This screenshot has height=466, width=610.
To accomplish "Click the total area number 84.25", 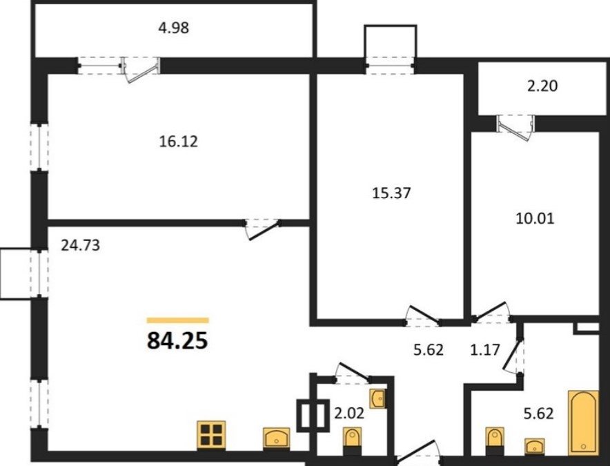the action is [177, 341].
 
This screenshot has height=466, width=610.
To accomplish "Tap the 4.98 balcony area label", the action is [173, 28].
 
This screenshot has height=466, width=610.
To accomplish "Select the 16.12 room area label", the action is [179, 141].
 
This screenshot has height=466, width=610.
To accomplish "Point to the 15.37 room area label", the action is [391, 193].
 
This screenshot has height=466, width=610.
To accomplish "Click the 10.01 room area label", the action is [535, 219].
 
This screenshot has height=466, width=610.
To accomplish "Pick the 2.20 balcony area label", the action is [542, 86].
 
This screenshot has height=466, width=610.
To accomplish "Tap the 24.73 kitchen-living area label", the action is [81, 245].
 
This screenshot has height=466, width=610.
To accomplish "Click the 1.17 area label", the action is [484, 349].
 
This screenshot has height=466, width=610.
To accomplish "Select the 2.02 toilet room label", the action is [349, 413].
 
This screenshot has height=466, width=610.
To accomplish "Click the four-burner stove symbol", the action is [212, 434].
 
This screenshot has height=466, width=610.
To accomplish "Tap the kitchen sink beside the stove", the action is [276, 438].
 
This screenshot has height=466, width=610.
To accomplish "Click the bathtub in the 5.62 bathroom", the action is [583, 423].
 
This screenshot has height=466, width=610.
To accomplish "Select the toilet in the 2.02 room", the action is [352, 440].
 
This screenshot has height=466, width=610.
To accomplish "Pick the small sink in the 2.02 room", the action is [377, 398].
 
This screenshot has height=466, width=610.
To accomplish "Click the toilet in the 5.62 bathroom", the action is [495, 440].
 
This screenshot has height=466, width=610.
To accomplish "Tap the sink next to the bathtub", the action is [535, 446].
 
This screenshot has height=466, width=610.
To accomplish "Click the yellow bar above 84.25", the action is [178, 320].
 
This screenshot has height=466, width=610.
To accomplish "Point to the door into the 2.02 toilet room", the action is [353, 373].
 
